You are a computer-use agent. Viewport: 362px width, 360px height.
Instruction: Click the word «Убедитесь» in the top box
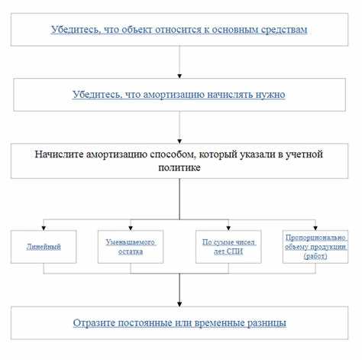tap(75, 30)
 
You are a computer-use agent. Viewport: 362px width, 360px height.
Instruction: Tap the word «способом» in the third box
tap(174, 154)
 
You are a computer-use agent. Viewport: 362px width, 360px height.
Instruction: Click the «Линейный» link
tap(44, 247)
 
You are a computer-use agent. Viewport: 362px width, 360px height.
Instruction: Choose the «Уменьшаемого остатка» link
tap(131, 246)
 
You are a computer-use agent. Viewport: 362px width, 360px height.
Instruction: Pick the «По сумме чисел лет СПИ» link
tap(228, 246)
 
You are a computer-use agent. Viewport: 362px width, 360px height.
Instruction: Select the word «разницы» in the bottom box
tap(264, 323)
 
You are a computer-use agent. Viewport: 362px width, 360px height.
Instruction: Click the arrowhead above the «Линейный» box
tap(44, 227)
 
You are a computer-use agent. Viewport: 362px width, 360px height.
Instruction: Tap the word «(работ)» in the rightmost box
tap(315, 256)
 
